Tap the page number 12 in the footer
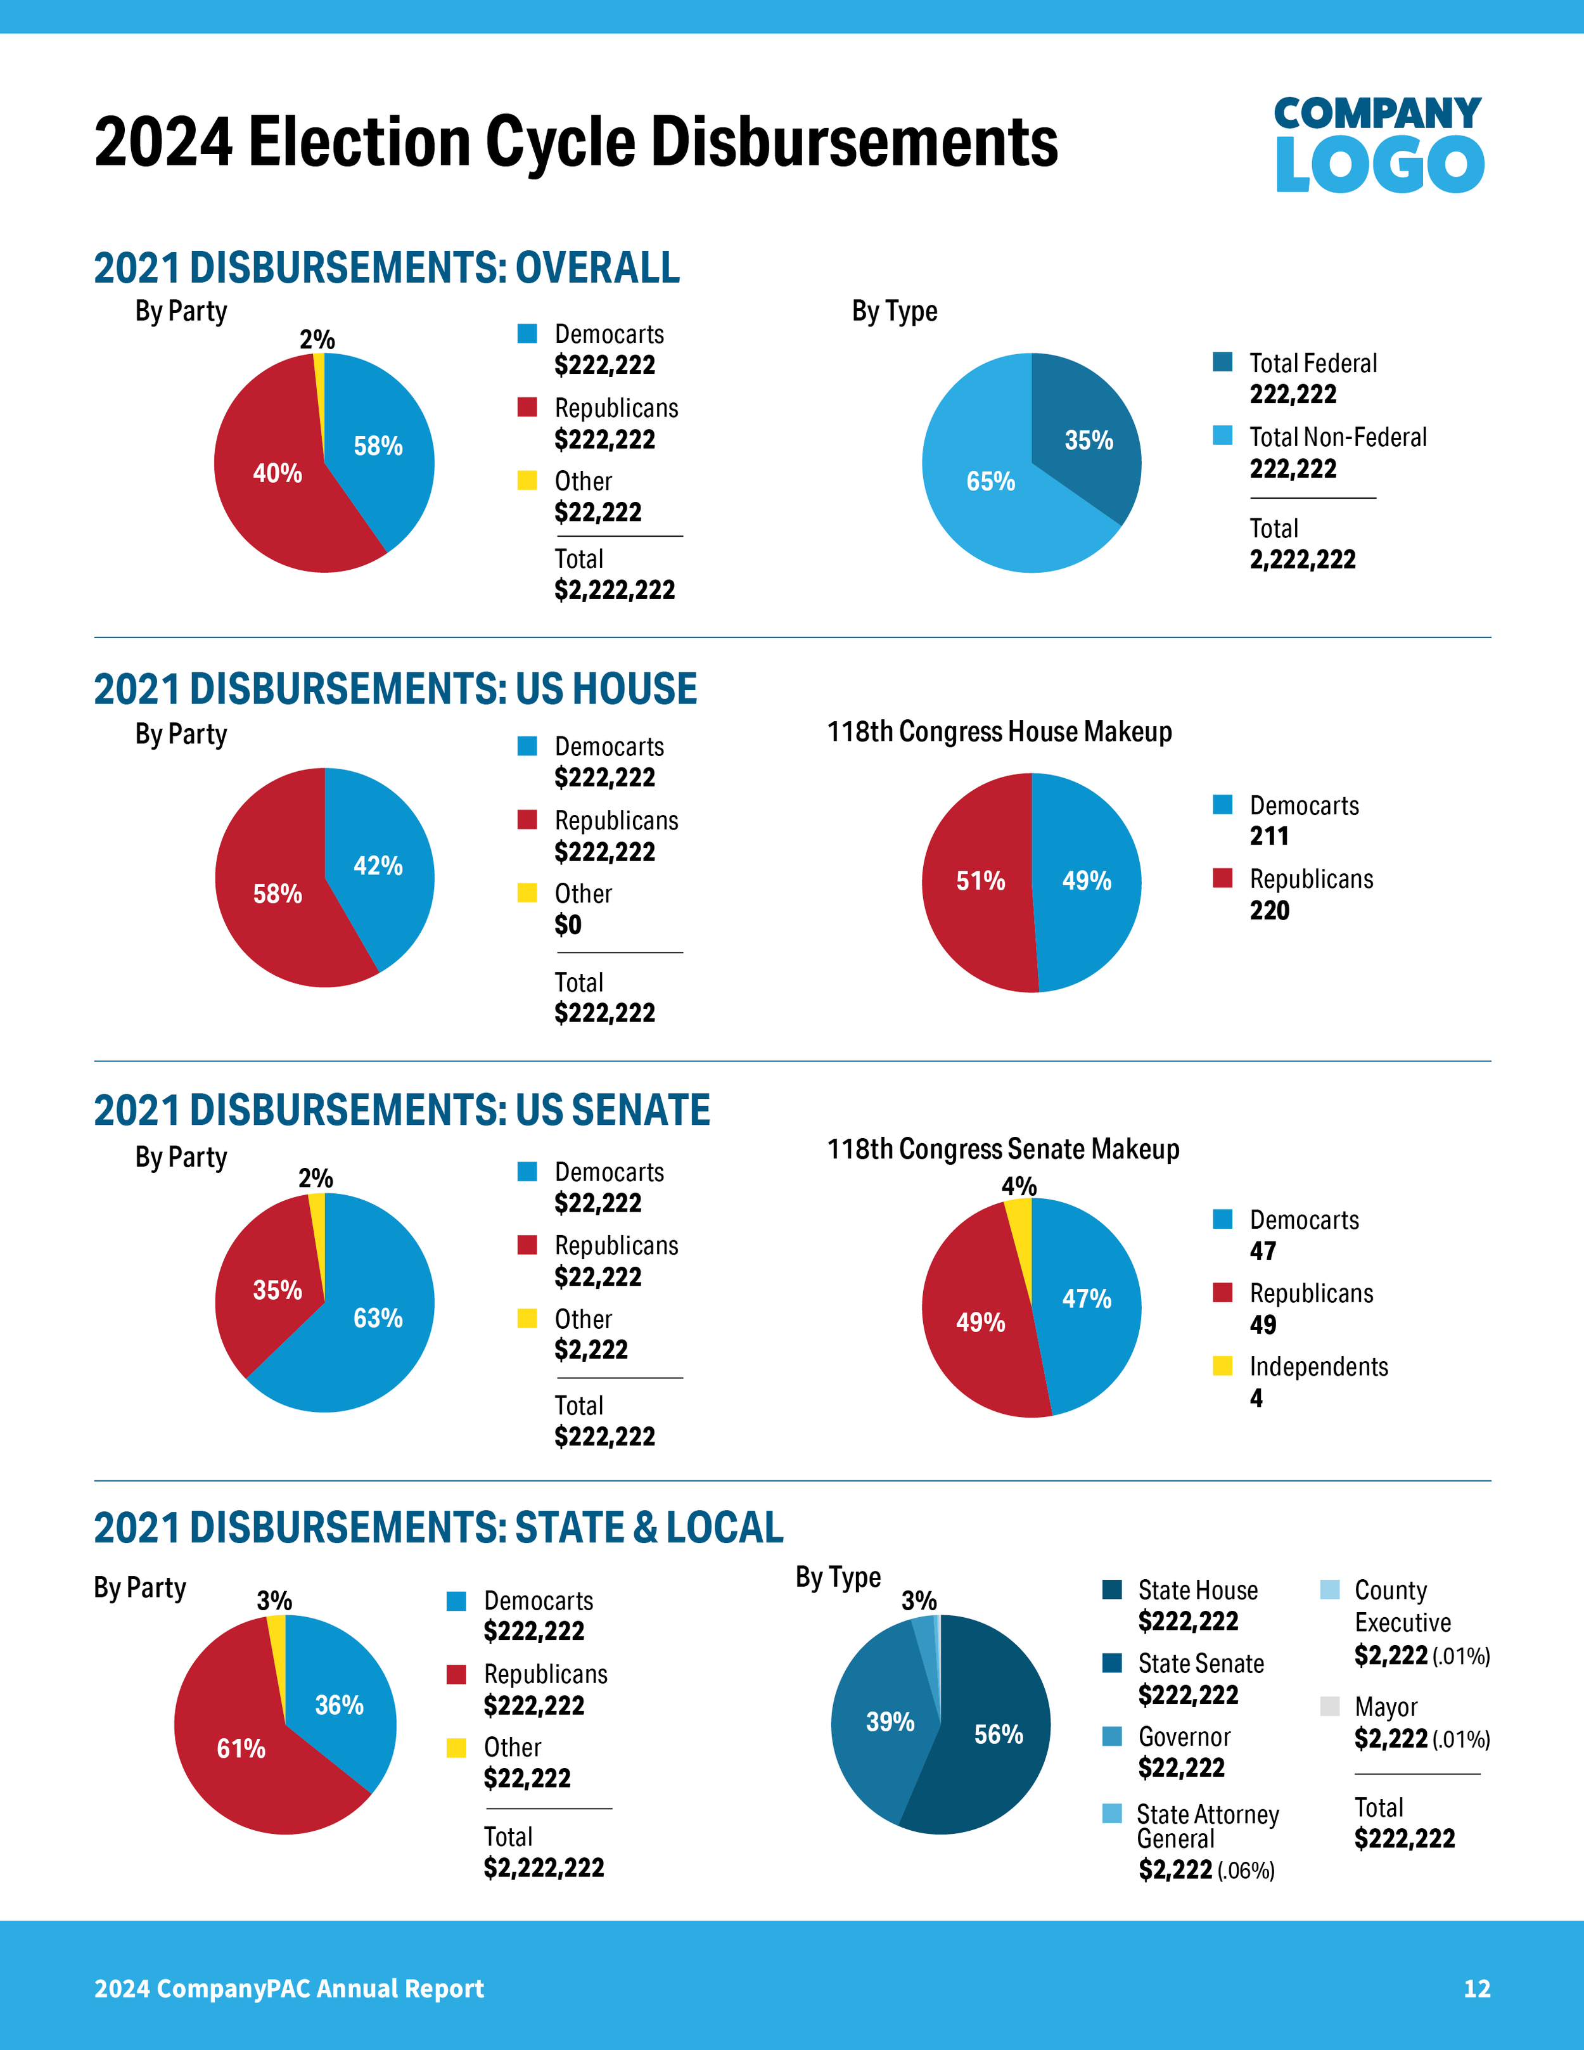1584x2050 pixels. (x=1476, y=1988)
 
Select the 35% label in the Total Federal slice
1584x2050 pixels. (x=1089, y=440)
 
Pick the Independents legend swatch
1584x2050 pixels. (x=1222, y=1366)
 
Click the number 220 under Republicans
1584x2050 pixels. (x=1268, y=911)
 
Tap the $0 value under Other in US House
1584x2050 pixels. (x=568, y=925)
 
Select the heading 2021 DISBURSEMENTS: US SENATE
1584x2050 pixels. (x=402, y=1110)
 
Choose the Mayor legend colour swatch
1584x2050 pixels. (x=1329, y=1705)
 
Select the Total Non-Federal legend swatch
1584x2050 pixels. (x=1222, y=435)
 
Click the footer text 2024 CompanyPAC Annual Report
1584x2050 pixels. (x=289, y=1988)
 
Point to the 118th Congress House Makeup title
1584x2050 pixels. (x=999, y=731)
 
